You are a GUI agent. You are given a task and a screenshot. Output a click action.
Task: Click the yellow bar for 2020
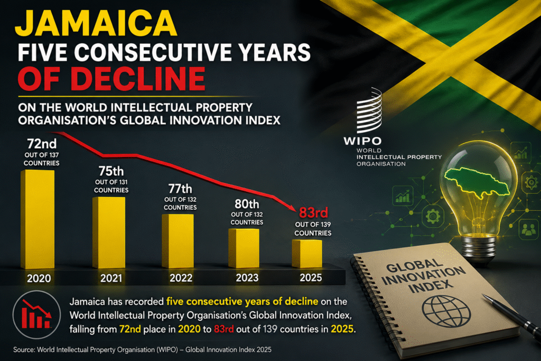[38, 219]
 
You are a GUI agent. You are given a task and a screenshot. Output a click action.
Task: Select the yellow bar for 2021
[109, 232]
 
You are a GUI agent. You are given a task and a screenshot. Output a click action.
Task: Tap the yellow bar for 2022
[178, 241]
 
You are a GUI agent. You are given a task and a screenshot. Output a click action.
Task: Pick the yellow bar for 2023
[244, 248]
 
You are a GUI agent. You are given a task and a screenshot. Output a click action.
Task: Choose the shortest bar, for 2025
[307, 254]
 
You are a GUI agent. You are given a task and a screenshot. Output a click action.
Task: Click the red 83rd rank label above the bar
[313, 212]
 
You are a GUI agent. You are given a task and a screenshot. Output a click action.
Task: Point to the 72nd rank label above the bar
[42, 144]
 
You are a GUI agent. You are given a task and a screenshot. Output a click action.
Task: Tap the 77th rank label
[180, 189]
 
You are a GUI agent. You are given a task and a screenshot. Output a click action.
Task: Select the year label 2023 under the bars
[247, 277]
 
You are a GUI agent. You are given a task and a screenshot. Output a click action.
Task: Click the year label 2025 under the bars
[311, 277]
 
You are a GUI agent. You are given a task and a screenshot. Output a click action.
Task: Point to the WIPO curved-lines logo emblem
[369, 111]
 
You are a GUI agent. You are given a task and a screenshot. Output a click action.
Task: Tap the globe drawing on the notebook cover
[446, 311]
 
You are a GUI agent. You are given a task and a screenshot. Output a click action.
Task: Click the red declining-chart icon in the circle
[36, 314]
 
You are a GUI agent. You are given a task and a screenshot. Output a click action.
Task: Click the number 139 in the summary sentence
[270, 329]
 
